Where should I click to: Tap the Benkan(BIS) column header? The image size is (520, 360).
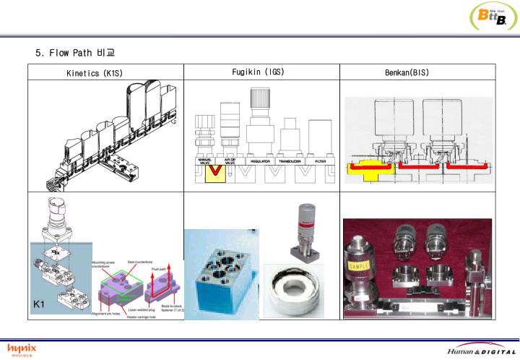click(x=418, y=72)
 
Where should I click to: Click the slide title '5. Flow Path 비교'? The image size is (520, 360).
click(x=75, y=53)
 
